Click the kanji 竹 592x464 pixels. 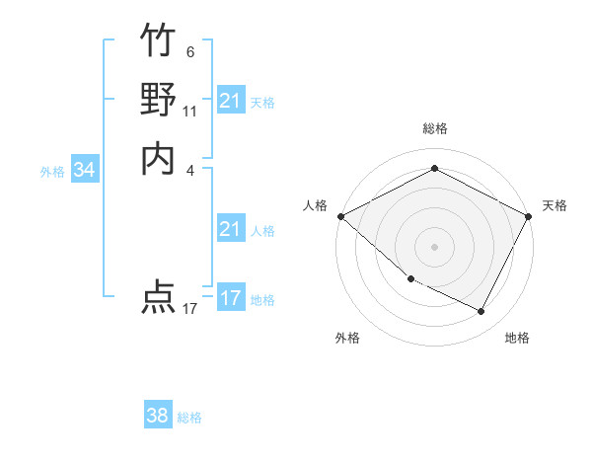158,42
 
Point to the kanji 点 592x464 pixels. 158,296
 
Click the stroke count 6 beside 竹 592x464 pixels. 189,52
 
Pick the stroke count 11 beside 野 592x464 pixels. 189,111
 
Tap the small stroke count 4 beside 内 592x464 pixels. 189,169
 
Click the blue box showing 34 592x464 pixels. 85,171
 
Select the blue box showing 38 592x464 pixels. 158,416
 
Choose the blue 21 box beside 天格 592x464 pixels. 230,101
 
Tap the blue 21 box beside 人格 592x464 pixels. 230,230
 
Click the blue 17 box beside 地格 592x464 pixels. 230,298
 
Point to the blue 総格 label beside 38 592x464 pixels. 189,418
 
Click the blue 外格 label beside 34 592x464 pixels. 52,172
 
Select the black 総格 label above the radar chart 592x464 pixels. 435,128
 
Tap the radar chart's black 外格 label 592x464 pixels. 347,339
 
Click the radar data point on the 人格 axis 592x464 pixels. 340,216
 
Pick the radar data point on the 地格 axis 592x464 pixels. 481,312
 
